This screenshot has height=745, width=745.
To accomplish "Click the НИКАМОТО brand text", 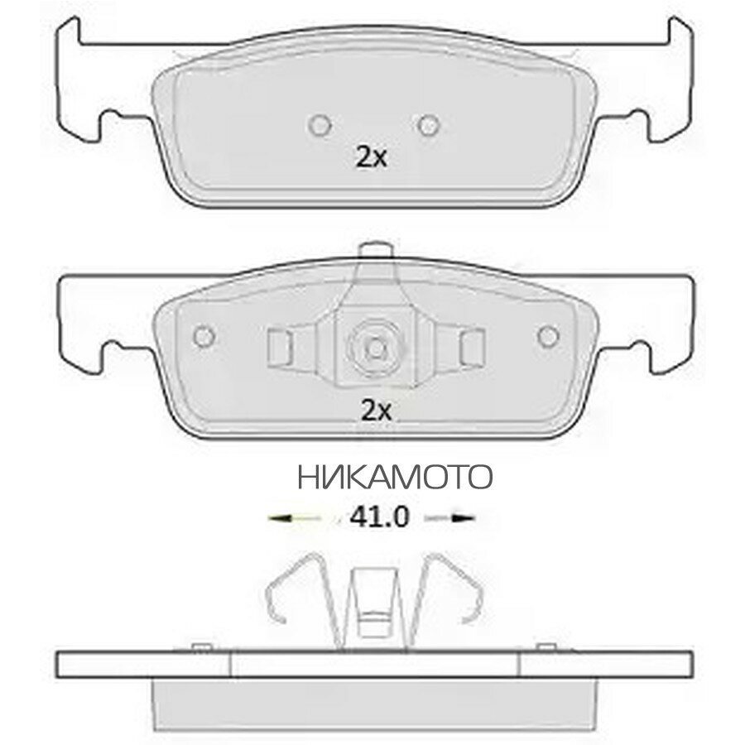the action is point(395,477).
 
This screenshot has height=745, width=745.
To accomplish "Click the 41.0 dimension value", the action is point(379,517).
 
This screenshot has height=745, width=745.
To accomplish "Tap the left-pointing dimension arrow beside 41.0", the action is point(294,518).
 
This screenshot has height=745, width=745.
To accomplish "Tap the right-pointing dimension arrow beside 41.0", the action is point(449,518).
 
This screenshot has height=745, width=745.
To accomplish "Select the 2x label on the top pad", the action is point(371,158).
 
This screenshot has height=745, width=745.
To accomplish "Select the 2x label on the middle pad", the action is point(377,411).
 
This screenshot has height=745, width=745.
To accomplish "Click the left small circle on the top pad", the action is point(320,126).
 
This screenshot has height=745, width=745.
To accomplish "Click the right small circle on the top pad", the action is point(429,126).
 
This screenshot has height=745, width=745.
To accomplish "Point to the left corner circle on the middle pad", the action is point(204,336).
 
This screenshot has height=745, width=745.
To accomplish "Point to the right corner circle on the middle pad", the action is point(548,336).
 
